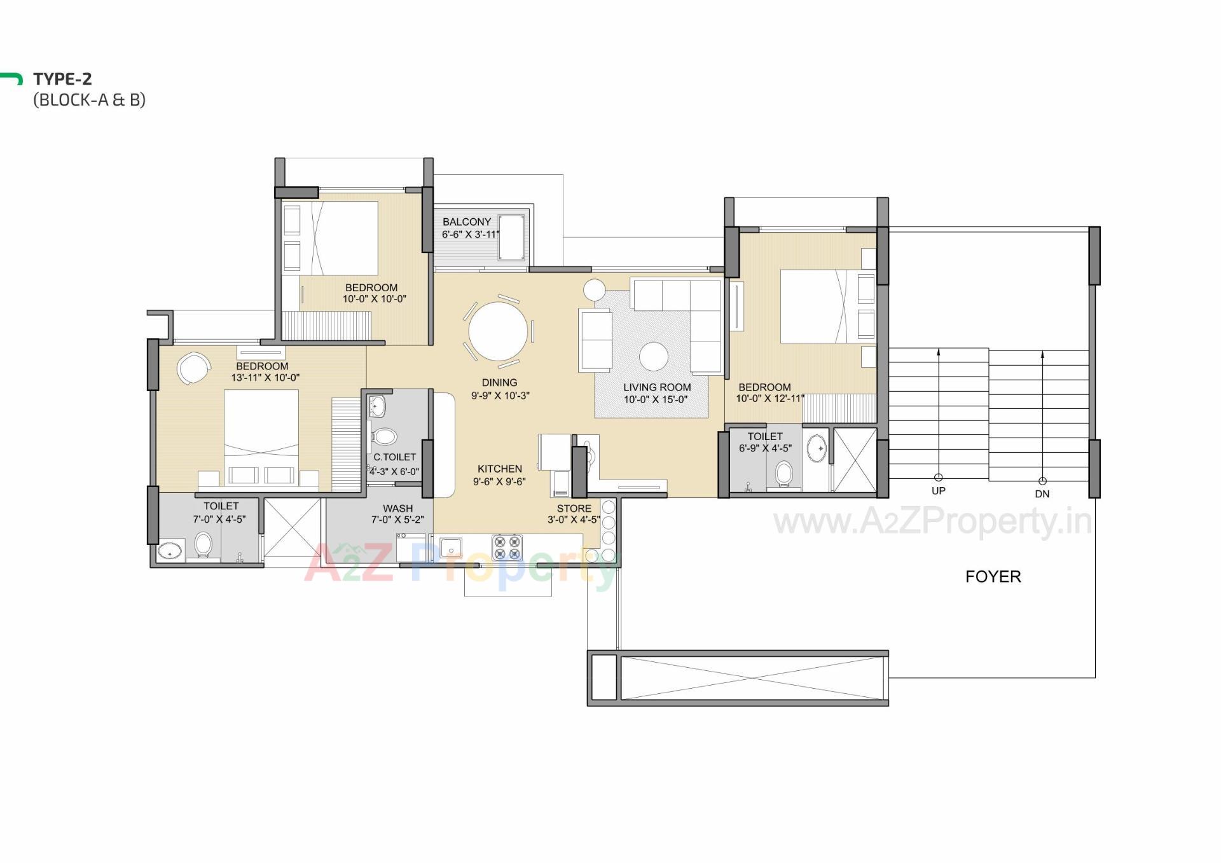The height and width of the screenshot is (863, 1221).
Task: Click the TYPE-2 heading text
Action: coord(62,79)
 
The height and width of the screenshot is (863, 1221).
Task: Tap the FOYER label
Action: coord(993,576)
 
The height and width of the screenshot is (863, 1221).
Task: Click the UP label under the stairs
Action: coord(938,491)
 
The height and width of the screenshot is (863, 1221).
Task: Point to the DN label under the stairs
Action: coord(1042,494)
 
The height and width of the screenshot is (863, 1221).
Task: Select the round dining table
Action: coord(498,331)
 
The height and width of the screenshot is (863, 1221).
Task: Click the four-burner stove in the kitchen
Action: coord(507,548)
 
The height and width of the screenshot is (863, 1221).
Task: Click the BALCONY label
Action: coord(467,222)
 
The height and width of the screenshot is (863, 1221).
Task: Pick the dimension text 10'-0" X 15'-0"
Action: coord(656,400)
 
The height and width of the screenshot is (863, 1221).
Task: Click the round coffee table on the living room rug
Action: coord(653,356)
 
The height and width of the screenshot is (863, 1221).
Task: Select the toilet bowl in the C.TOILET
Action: coord(384,436)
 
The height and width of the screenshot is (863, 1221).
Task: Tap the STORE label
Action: coord(574,508)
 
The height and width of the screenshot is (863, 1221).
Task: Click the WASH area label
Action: coord(397,508)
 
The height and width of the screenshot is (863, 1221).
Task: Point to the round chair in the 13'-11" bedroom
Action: coord(193,368)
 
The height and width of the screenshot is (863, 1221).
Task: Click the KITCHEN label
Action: coord(499,469)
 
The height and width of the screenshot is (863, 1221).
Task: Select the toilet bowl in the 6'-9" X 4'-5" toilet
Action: coord(784,474)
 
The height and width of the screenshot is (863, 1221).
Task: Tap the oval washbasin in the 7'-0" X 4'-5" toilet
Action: coord(170,551)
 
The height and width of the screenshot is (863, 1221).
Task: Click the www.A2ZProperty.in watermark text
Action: coord(932,522)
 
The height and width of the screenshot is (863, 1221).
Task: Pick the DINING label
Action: coord(499,382)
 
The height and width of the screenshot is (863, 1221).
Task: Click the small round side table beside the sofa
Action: coord(595,290)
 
